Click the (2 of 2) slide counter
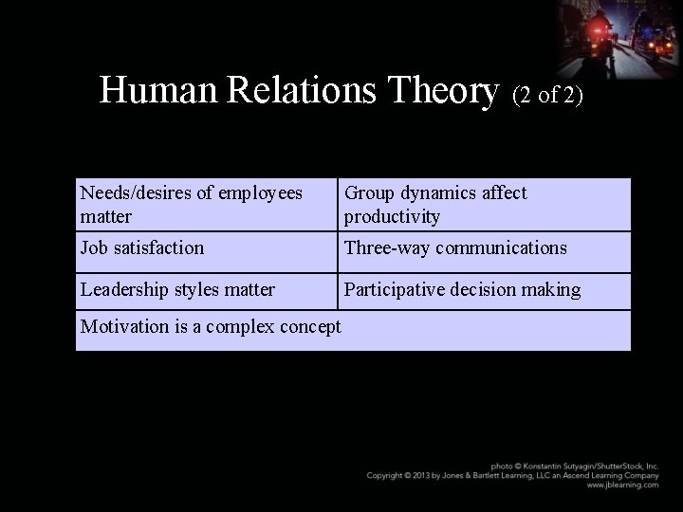[x=547, y=95]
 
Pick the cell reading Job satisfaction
[x=142, y=248]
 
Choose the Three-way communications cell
[x=455, y=248]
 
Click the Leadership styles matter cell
[x=178, y=290]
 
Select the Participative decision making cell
[x=462, y=290]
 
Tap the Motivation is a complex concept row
[x=211, y=328]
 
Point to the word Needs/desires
[x=136, y=193]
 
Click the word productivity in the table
[x=392, y=217]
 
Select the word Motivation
[x=123, y=328]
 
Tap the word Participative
[x=397, y=290]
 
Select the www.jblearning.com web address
[x=622, y=485]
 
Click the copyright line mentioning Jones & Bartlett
[x=512, y=475]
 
